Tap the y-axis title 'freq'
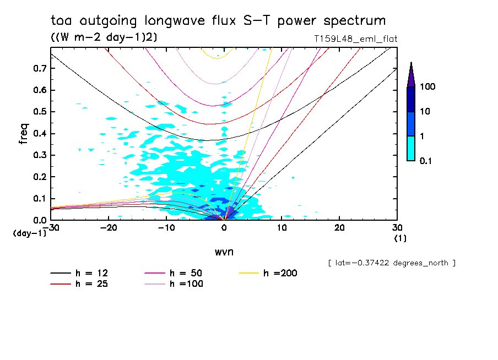[24, 134]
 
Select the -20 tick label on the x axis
[109, 228]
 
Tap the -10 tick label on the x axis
[166, 228]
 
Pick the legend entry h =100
[186, 284]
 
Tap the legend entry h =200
[280, 273]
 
